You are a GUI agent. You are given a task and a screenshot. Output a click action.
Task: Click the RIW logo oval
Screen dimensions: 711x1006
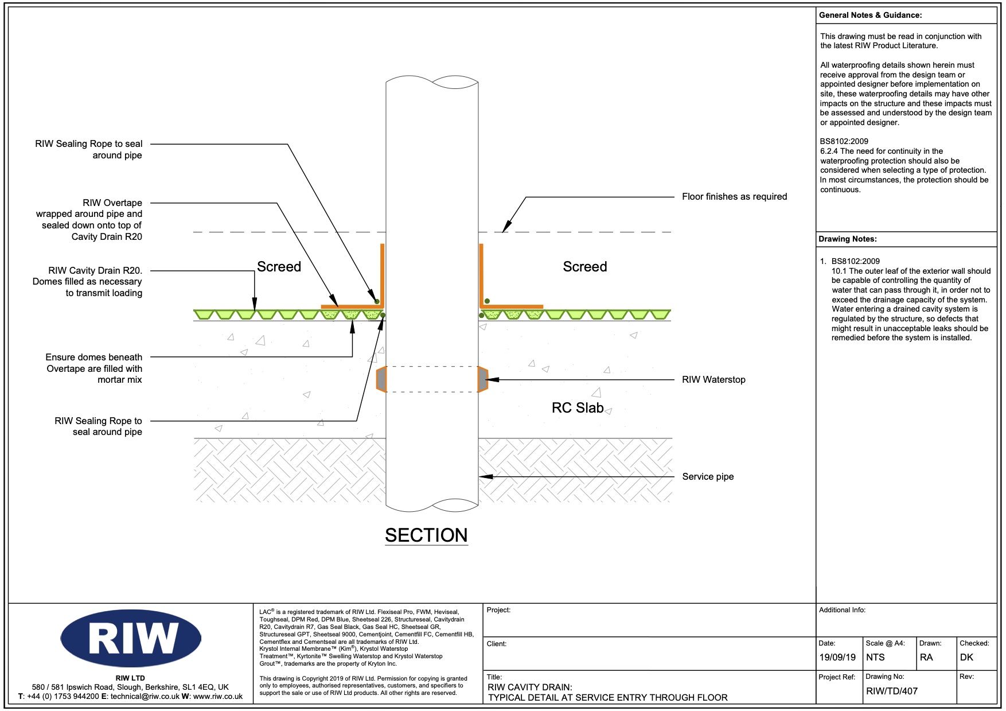point(131,638)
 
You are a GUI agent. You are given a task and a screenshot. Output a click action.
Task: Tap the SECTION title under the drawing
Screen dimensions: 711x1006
point(426,535)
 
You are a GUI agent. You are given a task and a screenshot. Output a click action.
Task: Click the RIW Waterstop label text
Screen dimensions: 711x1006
point(713,380)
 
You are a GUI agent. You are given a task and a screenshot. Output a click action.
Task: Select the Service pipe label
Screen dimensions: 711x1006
point(708,477)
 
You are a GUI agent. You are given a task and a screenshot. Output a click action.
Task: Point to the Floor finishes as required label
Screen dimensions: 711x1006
point(734,197)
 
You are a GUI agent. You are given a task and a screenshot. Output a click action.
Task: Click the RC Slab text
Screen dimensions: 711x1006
point(578,408)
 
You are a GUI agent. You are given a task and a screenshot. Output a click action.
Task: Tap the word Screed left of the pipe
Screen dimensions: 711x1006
point(279,267)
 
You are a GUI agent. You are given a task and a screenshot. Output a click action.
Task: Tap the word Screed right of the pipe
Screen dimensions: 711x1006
point(584,267)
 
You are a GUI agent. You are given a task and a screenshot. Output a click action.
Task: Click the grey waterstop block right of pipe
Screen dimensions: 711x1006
point(483,379)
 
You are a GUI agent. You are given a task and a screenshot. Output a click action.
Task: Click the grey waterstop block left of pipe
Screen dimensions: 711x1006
point(381,379)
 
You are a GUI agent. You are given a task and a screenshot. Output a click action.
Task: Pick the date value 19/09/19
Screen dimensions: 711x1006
point(837,658)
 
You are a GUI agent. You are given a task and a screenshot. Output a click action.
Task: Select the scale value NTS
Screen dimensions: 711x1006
point(875,658)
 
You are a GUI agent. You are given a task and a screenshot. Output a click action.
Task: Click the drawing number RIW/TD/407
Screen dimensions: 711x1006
point(892,691)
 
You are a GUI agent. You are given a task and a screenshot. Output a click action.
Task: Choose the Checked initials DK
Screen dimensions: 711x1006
point(966,658)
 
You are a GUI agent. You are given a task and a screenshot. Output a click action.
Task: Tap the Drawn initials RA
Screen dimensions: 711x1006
point(926,658)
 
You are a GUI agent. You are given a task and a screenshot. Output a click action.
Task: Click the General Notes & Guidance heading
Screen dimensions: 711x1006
point(870,15)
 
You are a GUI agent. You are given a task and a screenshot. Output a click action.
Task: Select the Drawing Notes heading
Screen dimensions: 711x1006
point(847,239)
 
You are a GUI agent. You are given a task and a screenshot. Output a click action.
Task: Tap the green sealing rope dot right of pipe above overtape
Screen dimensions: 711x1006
point(487,301)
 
